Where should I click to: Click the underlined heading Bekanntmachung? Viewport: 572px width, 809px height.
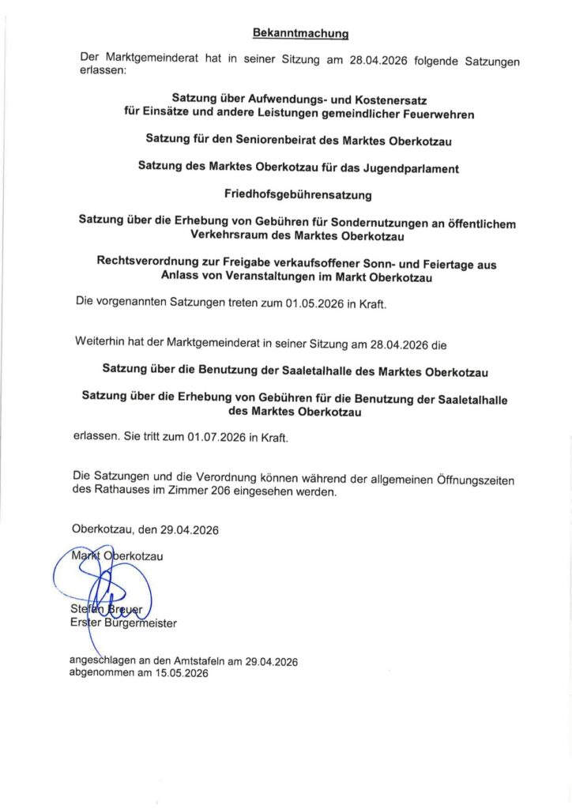[301, 33]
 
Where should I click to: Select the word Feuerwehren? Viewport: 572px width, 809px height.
[435, 114]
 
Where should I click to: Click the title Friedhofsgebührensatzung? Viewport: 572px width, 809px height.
[297, 194]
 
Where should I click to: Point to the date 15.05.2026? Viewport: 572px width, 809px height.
[175, 674]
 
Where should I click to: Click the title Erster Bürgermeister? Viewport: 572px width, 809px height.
[124, 623]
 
